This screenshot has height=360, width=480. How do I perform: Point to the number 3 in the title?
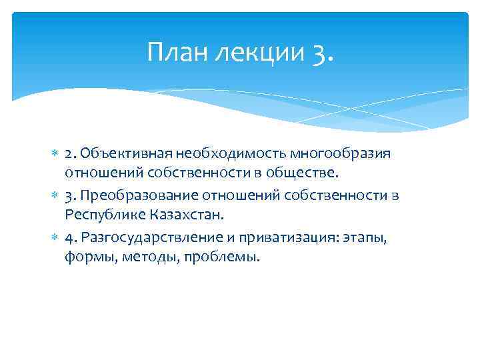[x=318, y=51]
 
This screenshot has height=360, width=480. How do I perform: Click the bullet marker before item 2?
[x=55, y=154]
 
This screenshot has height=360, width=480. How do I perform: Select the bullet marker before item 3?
[x=55, y=195]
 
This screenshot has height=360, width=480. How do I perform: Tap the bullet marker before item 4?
[x=55, y=237]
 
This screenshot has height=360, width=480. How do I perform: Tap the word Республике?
[x=98, y=216]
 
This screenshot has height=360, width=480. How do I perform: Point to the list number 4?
[x=69, y=237]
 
